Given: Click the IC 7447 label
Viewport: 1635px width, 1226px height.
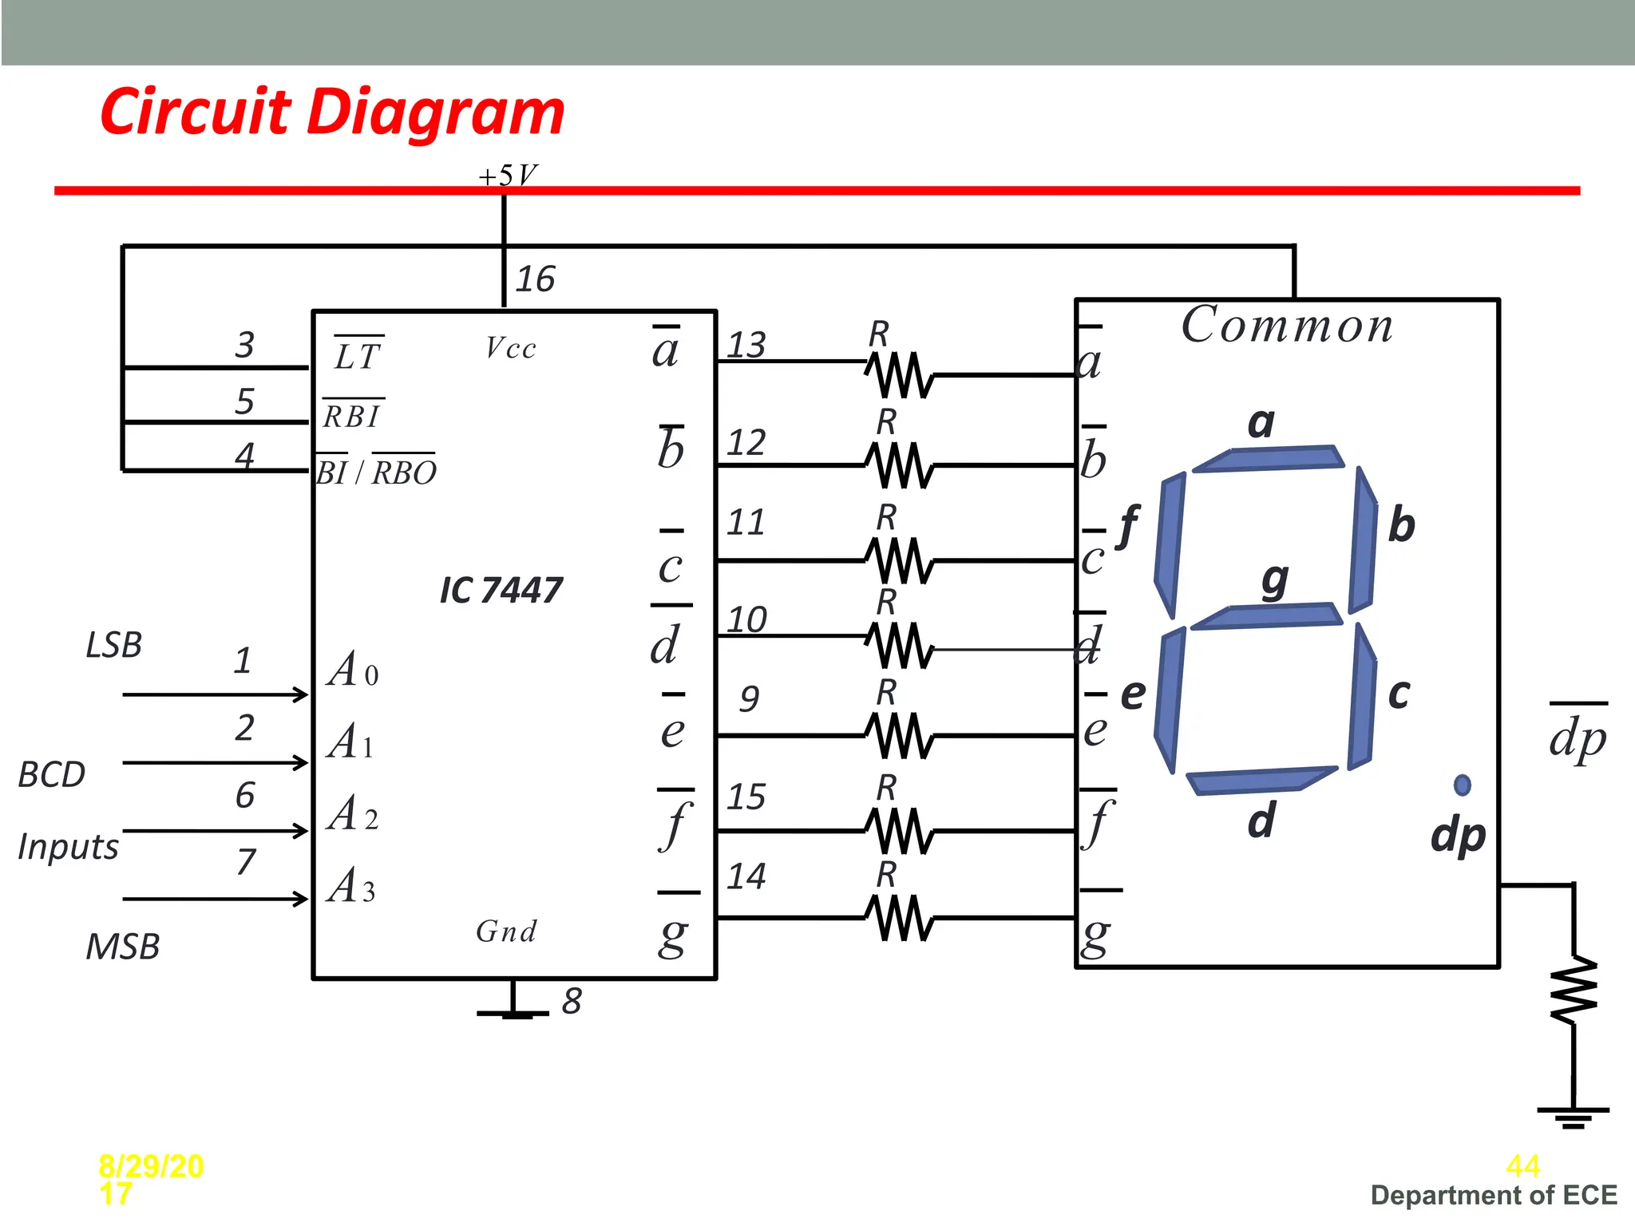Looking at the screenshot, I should click(501, 591).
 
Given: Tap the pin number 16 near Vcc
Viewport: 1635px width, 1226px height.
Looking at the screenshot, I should click(535, 279).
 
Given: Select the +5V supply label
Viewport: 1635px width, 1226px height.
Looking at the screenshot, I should click(508, 176).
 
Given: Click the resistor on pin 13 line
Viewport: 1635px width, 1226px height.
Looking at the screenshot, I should click(900, 374).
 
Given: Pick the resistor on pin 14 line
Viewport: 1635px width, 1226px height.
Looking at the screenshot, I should click(900, 918).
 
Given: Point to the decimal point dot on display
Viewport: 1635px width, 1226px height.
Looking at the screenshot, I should click(1462, 785).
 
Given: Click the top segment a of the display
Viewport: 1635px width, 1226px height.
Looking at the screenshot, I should click(1268, 458).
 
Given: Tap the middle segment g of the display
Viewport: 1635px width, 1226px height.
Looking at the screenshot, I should click(1266, 616).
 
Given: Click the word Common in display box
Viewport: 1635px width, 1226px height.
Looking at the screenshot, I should click(1287, 326).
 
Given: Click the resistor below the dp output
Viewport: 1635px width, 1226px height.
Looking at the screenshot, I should click(1574, 990).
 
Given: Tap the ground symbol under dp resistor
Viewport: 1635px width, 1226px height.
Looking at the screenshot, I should click(1573, 1116).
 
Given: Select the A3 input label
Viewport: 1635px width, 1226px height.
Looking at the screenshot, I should click(351, 886).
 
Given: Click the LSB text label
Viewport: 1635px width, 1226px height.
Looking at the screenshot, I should click(113, 645).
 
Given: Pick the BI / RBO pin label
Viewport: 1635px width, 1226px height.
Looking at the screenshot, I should click(376, 473).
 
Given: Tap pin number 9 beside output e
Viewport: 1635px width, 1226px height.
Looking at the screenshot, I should click(748, 698).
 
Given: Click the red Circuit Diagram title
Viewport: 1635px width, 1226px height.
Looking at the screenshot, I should click(332, 112).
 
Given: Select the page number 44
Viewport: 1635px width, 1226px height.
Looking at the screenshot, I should click(1522, 1166).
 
